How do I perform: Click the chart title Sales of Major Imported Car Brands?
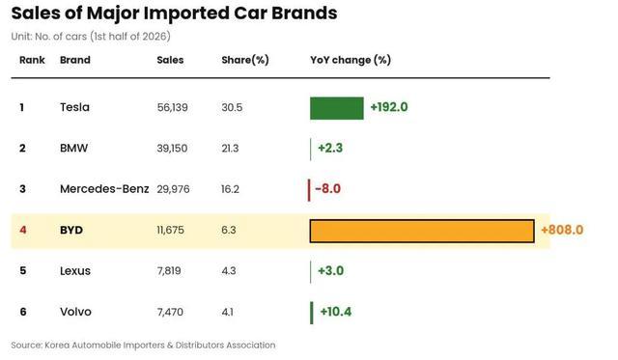click(174, 14)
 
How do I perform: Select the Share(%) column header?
click(245, 60)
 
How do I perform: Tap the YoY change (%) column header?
click(351, 60)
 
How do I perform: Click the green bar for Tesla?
click(337, 108)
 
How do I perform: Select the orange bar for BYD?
click(422, 231)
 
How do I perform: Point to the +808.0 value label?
click(562, 230)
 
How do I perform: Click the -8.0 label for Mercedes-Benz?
click(328, 188)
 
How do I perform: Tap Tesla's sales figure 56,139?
click(172, 107)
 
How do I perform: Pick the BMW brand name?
click(73, 148)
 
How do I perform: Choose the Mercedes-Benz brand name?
click(104, 189)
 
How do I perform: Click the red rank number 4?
click(23, 230)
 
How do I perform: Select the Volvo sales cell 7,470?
click(170, 312)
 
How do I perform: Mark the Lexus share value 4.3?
click(229, 271)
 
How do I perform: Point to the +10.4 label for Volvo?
click(336, 312)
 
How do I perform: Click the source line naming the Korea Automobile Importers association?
click(144, 346)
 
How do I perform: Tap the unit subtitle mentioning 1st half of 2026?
click(91, 37)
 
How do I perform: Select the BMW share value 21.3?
click(230, 149)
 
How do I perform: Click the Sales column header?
click(170, 60)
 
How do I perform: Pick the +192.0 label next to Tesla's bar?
click(389, 107)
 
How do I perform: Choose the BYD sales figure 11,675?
click(170, 230)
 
